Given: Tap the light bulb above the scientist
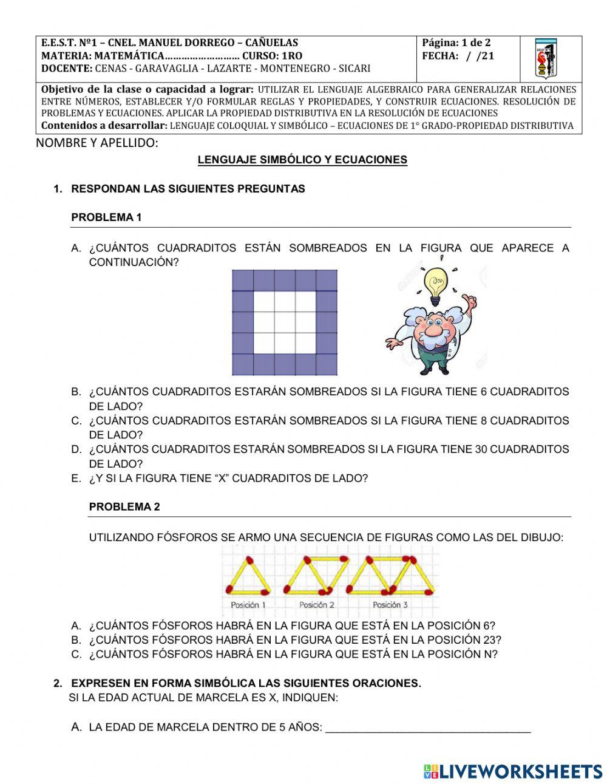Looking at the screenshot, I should pyautogui.click(x=435, y=286).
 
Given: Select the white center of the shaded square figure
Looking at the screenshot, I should pyautogui.click(x=284, y=322).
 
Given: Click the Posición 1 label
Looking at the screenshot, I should pyautogui.click(x=248, y=605).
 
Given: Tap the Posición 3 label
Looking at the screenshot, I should pyautogui.click(x=390, y=605).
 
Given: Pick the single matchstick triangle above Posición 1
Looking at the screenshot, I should pyautogui.click(x=248, y=575).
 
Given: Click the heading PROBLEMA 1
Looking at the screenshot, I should pyautogui.click(x=106, y=217).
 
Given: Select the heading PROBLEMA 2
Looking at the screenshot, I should pyautogui.click(x=124, y=507).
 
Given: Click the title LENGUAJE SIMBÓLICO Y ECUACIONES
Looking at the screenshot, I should pyautogui.click(x=302, y=160).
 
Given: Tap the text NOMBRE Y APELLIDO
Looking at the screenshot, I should pyautogui.click(x=97, y=143).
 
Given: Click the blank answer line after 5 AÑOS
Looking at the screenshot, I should pyautogui.click(x=428, y=728).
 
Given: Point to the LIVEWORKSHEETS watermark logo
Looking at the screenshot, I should pyautogui.click(x=513, y=771).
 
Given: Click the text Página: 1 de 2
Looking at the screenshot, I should pyautogui.click(x=456, y=43).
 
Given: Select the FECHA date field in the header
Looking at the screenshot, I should pyautogui.click(x=458, y=56).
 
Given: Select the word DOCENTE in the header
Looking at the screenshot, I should pyautogui.click(x=67, y=69).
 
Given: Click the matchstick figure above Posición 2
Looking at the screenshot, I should pyautogui.click(x=316, y=575).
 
